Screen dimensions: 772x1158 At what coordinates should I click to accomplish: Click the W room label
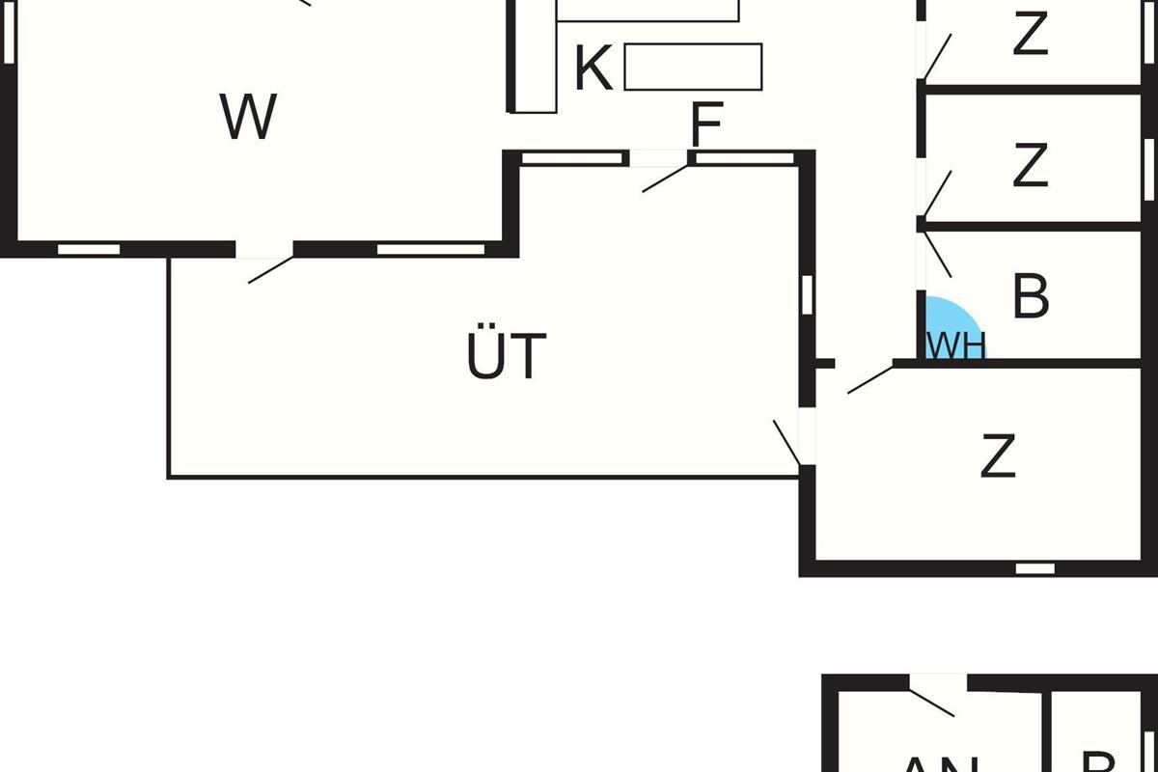tap(249, 117)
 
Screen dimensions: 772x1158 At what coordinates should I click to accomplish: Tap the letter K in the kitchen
tap(593, 69)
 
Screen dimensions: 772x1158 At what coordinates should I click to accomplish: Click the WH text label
tap(955, 346)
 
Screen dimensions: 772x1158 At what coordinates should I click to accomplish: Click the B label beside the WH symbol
tap(1031, 296)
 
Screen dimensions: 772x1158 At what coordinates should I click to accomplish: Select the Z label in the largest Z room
tap(998, 456)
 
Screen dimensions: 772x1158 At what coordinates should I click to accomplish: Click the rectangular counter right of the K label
tap(693, 67)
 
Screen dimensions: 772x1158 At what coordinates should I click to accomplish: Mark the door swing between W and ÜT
tap(270, 269)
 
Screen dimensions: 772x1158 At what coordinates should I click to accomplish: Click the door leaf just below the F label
tap(666, 179)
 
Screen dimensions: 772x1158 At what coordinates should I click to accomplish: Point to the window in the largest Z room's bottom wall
tap(1034, 568)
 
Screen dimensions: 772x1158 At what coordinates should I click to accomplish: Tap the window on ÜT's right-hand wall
tap(807, 294)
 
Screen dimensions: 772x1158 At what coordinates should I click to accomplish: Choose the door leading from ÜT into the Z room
tap(787, 443)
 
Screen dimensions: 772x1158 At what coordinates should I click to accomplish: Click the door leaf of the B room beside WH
tap(937, 253)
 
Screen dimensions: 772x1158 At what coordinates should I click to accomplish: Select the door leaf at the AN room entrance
tap(931, 703)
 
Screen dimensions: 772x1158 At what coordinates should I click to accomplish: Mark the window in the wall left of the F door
tap(570, 158)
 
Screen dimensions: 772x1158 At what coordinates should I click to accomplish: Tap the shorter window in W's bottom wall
tap(89, 249)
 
